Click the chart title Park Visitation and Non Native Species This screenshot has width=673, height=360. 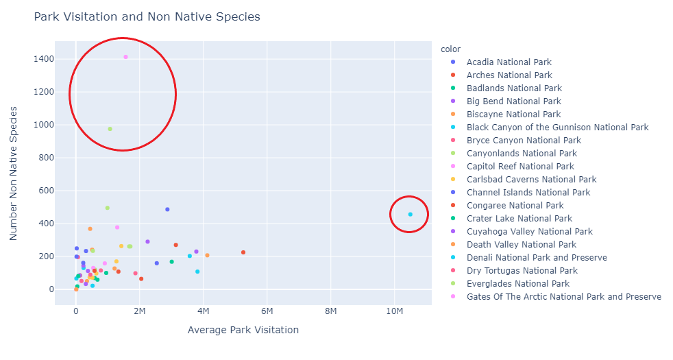click(x=147, y=16)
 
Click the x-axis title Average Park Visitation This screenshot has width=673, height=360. click(x=243, y=330)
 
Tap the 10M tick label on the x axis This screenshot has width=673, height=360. click(x=394, y=311)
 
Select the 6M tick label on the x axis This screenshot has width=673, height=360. click(x=267, y=311)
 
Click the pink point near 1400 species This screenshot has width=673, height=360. click(x=125, y=57)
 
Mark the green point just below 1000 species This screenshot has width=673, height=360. click(x=110, y=129)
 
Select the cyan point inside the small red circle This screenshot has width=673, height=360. click(x=411, y=215)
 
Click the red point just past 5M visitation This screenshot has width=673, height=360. click(x=243, y=252)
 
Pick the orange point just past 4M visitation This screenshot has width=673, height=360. click(x=207, y=255)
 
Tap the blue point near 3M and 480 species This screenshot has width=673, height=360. click(x=167, y=210)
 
